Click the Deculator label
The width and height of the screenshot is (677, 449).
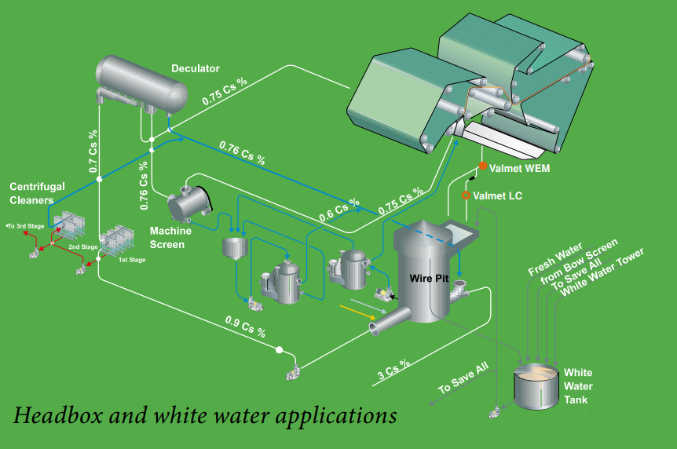tap(196, 69)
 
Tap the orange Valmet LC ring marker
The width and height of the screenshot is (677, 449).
tap(466, 195)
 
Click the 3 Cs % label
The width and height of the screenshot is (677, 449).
tap(395, 369)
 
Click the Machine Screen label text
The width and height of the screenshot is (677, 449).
tap(167, 238)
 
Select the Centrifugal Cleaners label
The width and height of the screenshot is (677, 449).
tap(37, 193)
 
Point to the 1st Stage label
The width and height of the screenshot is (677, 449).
tap(131, 258)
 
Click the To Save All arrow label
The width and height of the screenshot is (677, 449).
tap(463, 378)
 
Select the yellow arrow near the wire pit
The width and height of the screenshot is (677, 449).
tap(355, 311)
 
